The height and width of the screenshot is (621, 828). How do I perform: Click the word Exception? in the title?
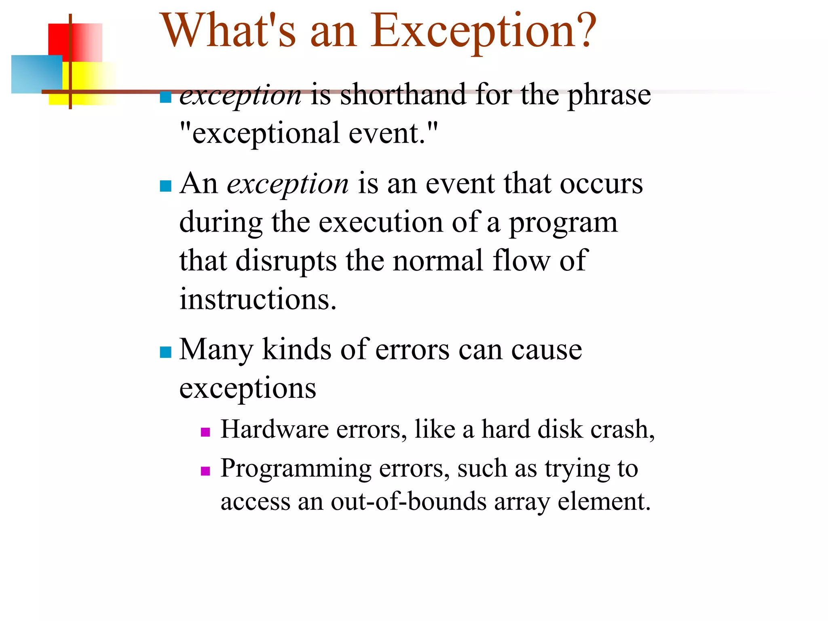tap(483, 32)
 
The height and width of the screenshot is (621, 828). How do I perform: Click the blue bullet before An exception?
tap(165, 186)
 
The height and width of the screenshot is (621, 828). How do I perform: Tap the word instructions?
tap(258, 300)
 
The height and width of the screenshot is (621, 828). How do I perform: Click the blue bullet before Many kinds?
tap(165, 352)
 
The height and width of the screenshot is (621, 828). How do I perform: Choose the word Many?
tap(216, 350)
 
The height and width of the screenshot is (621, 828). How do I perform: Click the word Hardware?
tap(275, 429)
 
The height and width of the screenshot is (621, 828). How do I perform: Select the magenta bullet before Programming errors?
tap(205, 471)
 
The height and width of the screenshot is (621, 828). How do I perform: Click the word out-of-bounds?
tap(408, 502)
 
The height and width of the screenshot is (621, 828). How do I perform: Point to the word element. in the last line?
tap(604, 502)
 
